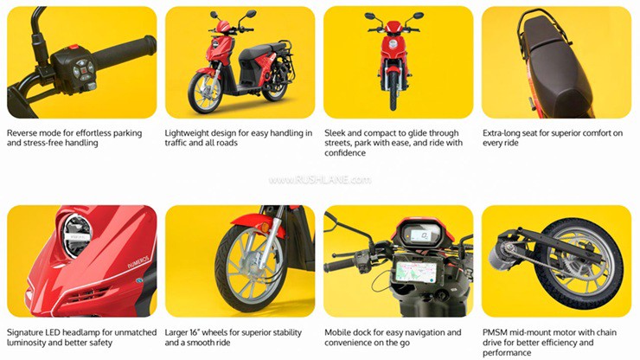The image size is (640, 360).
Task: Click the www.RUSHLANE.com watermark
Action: pos(320,180)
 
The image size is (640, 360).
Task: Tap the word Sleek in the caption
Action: pos(336,132)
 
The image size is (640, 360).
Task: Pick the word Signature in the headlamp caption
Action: pos(29,331)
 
